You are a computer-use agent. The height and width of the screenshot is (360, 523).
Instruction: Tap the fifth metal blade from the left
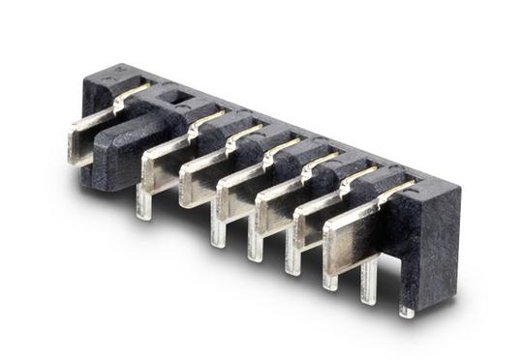click(272, 207)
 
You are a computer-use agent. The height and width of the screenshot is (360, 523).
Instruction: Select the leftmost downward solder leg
click(144, 205)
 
